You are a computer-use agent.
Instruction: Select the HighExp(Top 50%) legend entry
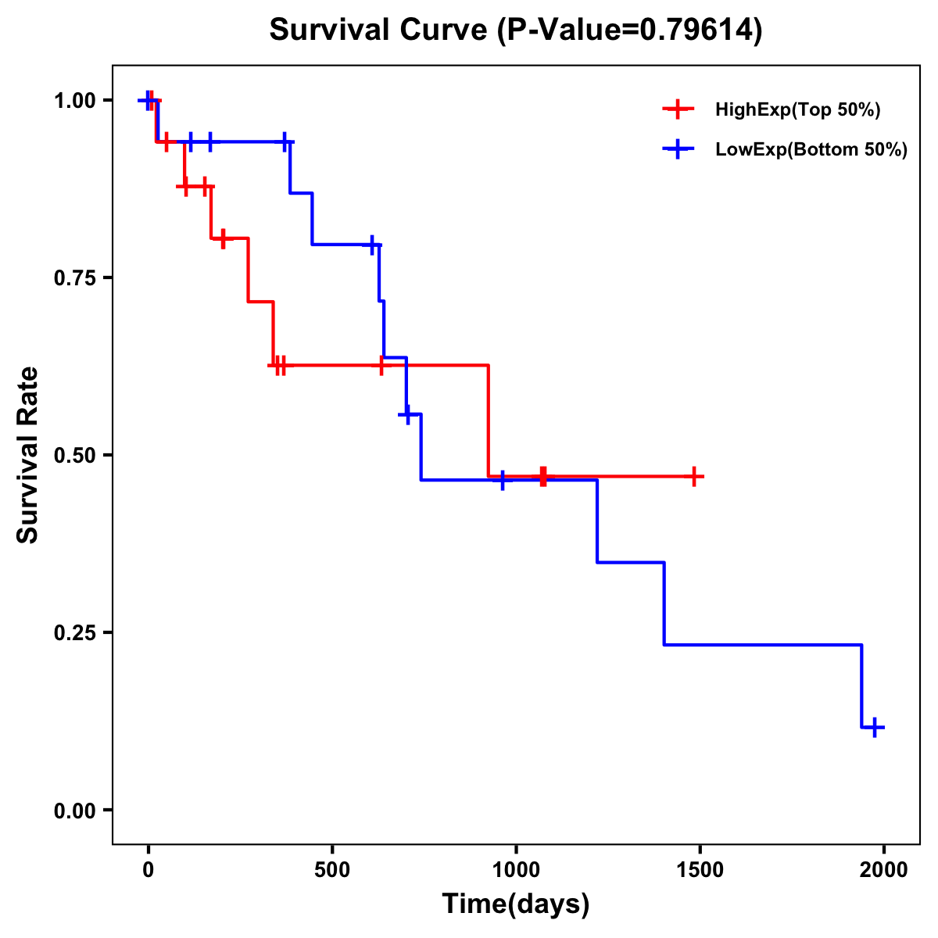[797, 110]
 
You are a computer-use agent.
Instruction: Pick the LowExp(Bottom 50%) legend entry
[811, 150]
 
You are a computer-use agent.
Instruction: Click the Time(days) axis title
[516, 904]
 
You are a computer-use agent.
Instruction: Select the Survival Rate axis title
[28, 455]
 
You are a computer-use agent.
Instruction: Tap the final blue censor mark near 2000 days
[875, 727]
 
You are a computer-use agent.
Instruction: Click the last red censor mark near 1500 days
[693, 476]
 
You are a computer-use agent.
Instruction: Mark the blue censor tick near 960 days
[502, 480]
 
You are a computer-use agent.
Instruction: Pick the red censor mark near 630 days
[381, 365]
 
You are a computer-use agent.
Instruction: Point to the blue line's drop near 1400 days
[664, 603]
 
